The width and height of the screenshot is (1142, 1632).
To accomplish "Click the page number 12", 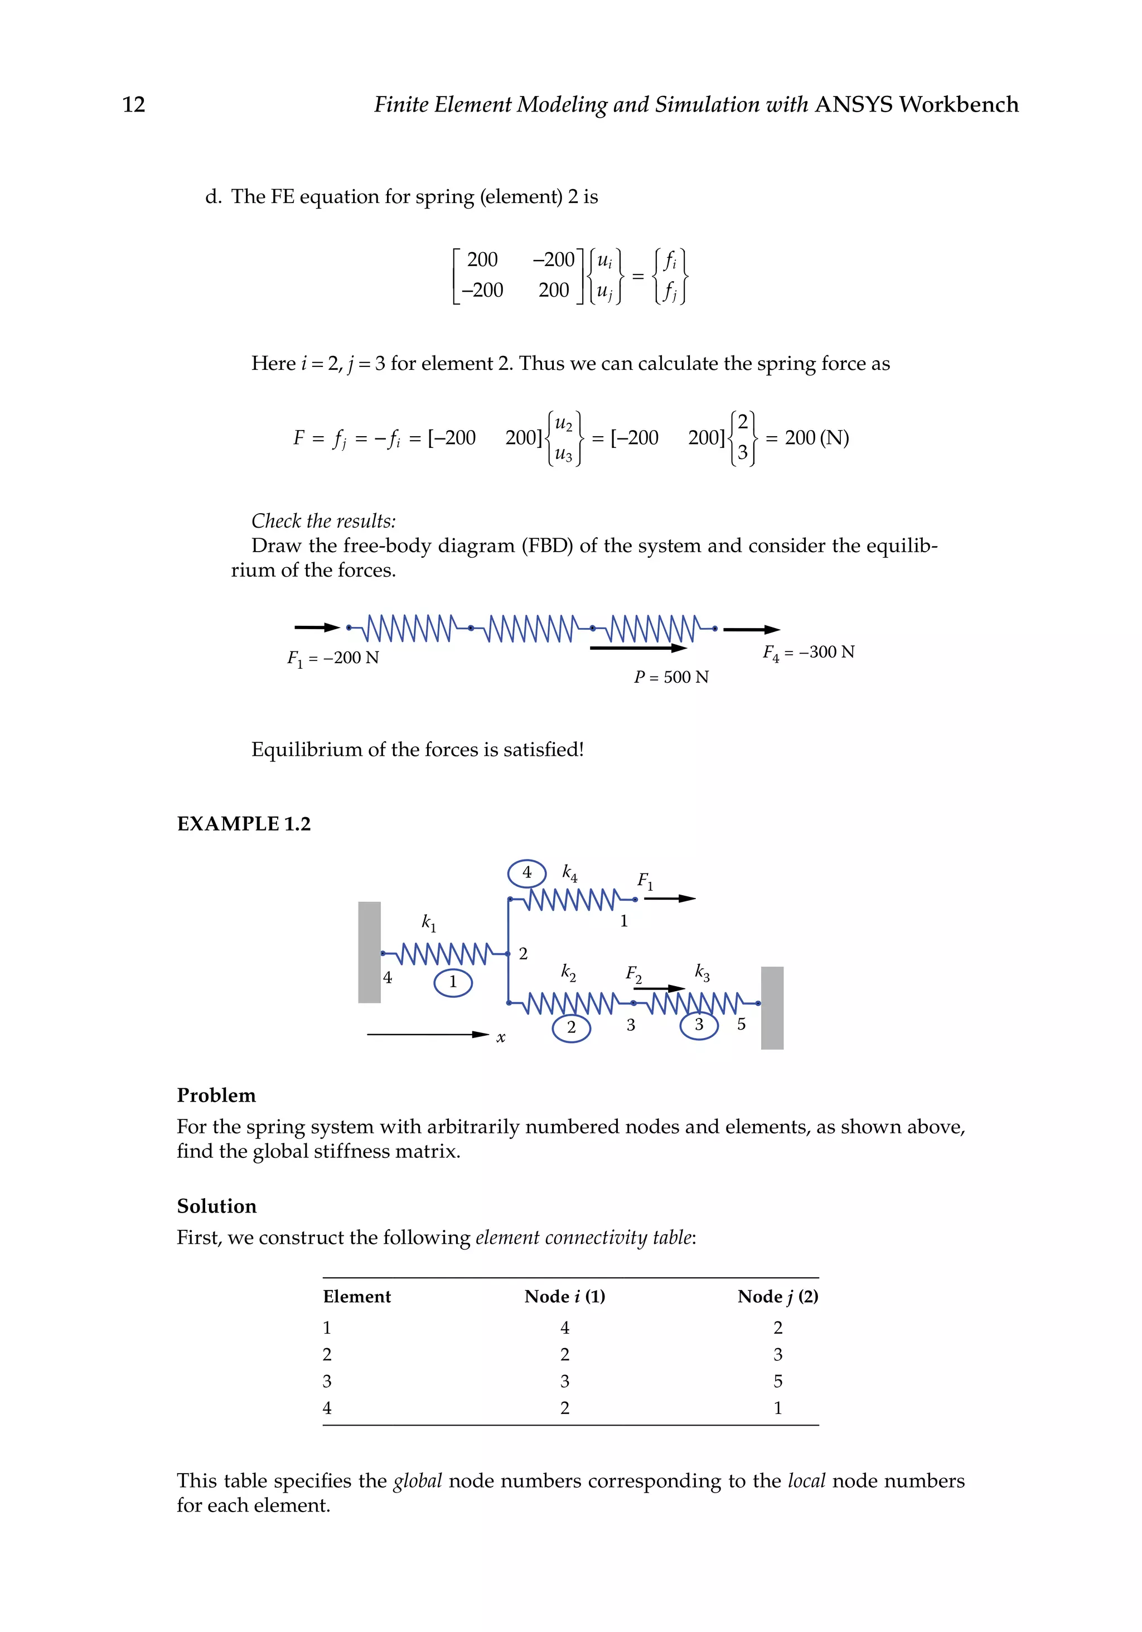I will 134,104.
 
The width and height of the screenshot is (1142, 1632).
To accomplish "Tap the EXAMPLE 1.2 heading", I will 244,824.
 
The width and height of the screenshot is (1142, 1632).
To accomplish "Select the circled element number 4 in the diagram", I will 526,873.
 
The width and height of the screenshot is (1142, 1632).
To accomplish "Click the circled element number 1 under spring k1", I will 453,982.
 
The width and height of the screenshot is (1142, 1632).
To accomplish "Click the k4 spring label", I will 569,873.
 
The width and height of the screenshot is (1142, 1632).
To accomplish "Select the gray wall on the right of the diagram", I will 772,1007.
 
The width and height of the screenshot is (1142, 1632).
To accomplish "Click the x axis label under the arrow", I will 500,1038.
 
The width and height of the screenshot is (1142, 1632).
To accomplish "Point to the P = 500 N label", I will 671,677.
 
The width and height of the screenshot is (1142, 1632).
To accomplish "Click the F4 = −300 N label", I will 808,653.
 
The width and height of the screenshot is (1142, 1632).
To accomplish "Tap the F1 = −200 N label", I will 332,658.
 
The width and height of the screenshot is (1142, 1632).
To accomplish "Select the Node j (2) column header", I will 777,1296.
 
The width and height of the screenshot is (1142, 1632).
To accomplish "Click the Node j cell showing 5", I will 777,1381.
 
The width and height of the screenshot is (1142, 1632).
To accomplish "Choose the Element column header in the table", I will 357,1296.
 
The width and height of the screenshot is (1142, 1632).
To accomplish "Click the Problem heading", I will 216,1095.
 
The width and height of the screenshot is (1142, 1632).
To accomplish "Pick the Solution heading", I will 217,1206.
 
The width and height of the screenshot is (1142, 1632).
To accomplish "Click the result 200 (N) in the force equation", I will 816,438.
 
